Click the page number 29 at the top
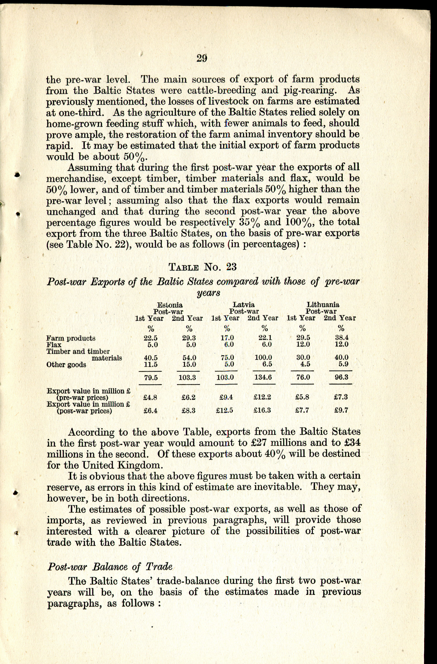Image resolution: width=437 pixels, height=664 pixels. [202, 58]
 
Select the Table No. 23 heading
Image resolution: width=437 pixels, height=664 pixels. [203, 267]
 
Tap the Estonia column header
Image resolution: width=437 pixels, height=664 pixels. [170, 305]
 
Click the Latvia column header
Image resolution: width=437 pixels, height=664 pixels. [244, 305]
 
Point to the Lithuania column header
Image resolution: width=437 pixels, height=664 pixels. [323, 305]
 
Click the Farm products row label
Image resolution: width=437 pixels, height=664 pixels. [71, 338]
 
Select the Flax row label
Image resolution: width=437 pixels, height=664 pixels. [54, 345]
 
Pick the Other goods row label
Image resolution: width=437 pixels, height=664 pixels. [66, 364]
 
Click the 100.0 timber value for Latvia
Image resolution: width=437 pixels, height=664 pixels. [263, 357]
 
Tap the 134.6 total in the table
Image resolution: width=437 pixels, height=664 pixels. [263, 377]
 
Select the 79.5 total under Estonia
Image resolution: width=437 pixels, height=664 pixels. [151, 377]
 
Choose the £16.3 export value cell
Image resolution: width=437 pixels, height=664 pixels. [262, 410]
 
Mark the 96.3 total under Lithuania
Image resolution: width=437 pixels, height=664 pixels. [341, 377]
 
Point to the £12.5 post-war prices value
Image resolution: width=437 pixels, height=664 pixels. [224, 410]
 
